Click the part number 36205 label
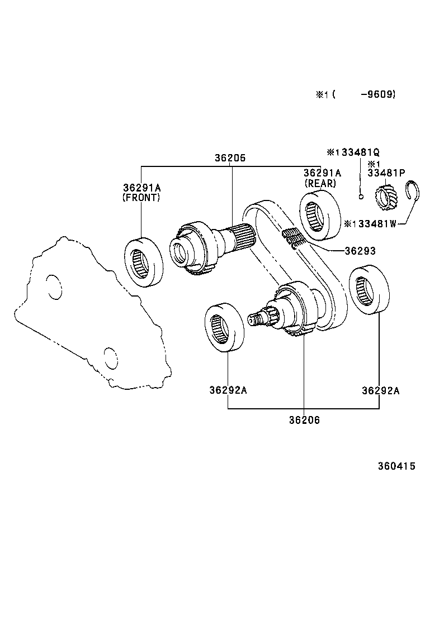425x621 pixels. click(x=230, y=158)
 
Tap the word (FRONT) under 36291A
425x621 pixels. click(x=141, y=197)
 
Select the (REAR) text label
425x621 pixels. click(x=320, y=183)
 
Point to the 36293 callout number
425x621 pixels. click(x=360, y=251)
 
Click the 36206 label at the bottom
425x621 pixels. click(x=304, y=420)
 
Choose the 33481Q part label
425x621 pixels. click(x=358, y=152)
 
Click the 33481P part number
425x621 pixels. click(x=386, y=173)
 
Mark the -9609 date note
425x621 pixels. click(x=379, y=94)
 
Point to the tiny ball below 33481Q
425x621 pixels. click(x=361, y=196)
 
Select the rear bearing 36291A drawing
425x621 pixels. click(x=320, y=212)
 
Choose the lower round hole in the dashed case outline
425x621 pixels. click(x=111, y=359)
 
